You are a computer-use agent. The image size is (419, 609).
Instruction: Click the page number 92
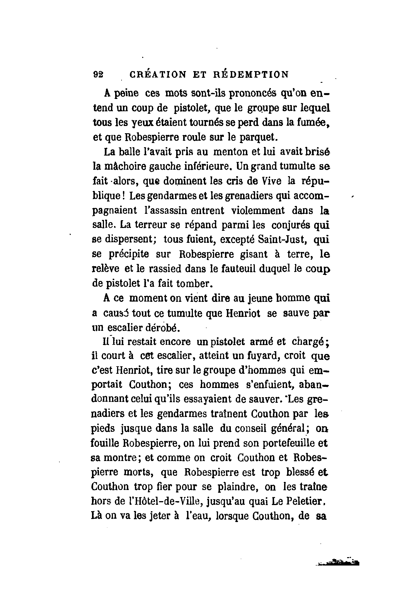coord(98,74)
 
